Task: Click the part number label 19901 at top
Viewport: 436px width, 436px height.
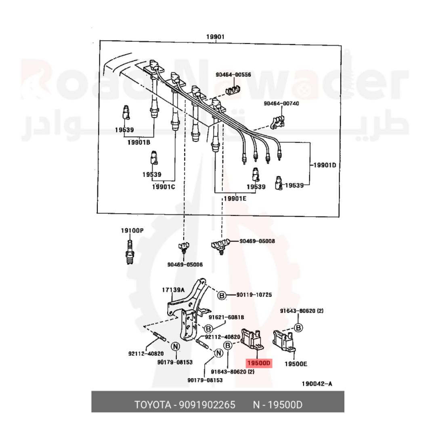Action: coord(215,37)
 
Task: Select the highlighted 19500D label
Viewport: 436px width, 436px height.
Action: coord(259,363)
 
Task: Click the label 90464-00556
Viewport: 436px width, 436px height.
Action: coord(233,74)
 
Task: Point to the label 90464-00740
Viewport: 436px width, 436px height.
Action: coord(281,103)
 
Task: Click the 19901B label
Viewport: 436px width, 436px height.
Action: coord(139,142)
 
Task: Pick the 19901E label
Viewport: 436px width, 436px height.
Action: coord(235,198)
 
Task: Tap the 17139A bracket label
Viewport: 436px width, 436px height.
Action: coord(173,290)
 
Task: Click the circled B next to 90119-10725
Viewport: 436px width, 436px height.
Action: coord(222,296)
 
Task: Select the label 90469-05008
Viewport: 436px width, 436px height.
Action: coord(257,241)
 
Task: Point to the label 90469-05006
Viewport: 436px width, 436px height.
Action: coord(185,265)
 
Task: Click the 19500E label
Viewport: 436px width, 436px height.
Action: coord(296,364)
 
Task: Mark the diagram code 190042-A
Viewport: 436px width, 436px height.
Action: coord(317,384)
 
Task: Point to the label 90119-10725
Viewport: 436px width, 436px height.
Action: coord(254,295)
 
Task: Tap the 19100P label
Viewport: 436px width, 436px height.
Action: coord(132,231)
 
